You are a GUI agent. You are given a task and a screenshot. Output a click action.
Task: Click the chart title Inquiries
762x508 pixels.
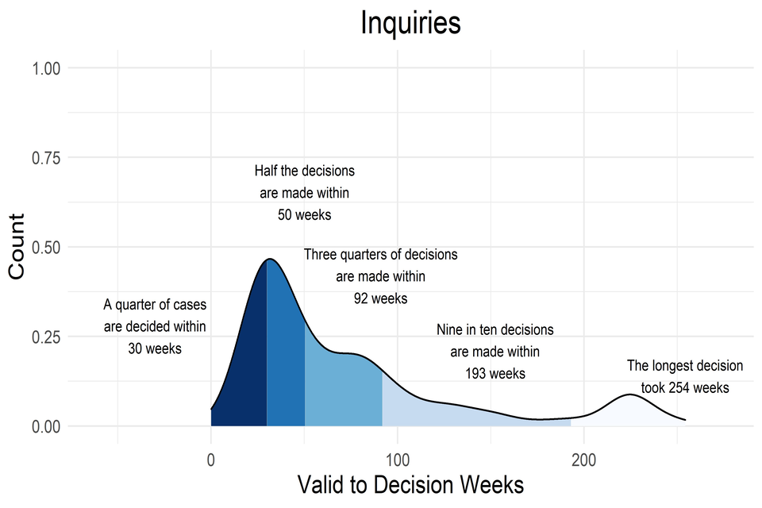[410, 23]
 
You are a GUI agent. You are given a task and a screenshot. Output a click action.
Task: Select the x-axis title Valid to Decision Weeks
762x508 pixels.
[410, 483]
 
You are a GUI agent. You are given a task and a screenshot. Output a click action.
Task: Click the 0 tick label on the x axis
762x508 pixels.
[211, 458]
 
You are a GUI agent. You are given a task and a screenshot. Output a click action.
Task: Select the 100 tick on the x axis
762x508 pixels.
[397, 458]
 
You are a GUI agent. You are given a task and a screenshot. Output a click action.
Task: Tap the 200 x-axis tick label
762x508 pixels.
[583, 458]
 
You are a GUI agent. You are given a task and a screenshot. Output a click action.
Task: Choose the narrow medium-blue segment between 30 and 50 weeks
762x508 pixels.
[285, 357]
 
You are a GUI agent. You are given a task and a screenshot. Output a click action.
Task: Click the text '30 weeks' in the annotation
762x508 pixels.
[154, 348]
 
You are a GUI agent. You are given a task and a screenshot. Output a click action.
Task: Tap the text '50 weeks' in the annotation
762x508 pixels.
[304, 215]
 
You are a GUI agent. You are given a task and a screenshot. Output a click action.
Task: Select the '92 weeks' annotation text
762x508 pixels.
[380, 299]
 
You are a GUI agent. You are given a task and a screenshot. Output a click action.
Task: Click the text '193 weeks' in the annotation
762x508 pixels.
[495, 373]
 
